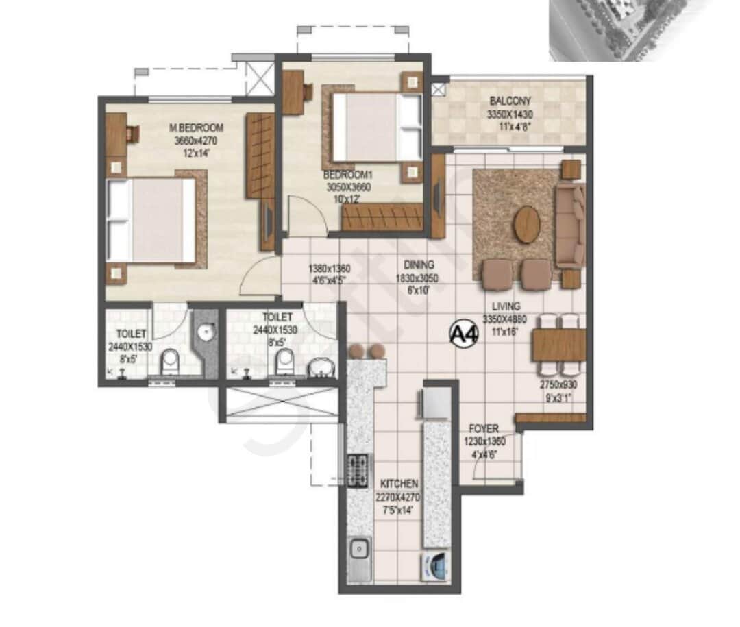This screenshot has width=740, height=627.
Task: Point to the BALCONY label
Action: pyautogui.click(x=510, y=101)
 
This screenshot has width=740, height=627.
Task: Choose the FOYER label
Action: pyautogui.click(x=484, y=429)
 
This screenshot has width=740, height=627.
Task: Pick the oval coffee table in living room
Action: pyautogui.click(x=527, y=224)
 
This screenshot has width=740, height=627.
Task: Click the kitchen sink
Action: pyautogui.click(x=358, y=550)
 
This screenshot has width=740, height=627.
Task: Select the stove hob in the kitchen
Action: pyautogui.click(x=356, y=470)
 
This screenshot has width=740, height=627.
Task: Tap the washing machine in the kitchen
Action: pyautogui.click(x=434, y=567)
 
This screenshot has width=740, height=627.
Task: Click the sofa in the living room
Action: pyautogui.click(x=570, y=225)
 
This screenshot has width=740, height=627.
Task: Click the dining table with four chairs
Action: pyautogui.click(x=558, y=345)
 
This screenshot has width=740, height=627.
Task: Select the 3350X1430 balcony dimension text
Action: pyautogui.click(x=510, y=114)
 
